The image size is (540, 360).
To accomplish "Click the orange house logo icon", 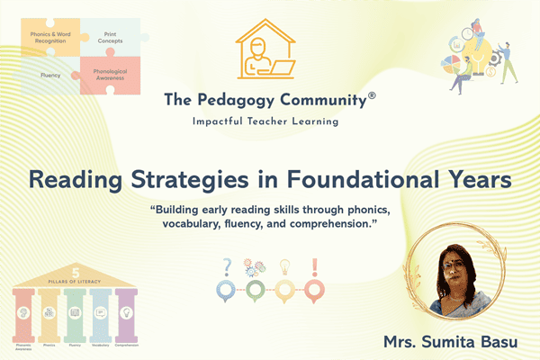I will pyautogui.click(x=269, y=50).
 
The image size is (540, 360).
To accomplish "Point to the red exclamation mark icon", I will pyautogui.click(x=315, y=267).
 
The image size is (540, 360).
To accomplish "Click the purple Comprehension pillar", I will pyautogui.click(x=126, y=312).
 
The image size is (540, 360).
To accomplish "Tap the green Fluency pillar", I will pyautogui.click(x=74, y=312).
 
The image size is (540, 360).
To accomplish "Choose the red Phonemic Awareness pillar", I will pyautogui.click(x=24, y=312).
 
